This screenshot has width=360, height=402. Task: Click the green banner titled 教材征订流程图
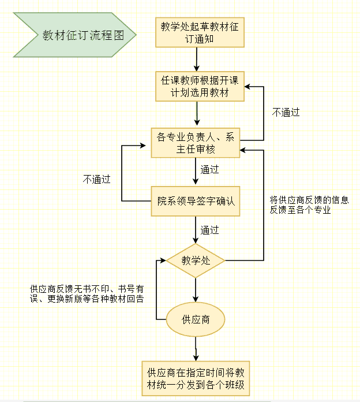tap(75, 35)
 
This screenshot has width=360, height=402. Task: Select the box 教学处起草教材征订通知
tap(200, 32)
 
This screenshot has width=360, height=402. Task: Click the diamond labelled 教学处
tap(196, 260)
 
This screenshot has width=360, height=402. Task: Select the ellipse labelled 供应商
tap(196, 319)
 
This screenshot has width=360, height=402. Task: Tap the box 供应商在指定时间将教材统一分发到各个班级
tap(197, 378)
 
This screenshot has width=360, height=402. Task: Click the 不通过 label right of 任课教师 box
tap(286, 113)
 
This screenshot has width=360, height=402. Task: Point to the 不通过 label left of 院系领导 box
tap(96, 179)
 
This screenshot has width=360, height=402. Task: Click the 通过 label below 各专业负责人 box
tap(209, 170)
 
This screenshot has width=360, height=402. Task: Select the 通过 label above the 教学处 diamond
tap(209, 230)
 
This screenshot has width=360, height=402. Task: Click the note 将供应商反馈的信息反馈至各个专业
tap(309, 205)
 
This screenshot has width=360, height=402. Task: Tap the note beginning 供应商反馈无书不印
tap(87, 293)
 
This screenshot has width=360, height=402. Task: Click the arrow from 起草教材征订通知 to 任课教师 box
tap(197, 59)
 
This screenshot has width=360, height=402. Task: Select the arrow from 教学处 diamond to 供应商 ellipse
tap(196, 289)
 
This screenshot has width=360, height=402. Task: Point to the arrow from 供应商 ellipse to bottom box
tap(196, 349)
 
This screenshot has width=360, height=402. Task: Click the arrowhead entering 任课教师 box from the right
tap(247, 87)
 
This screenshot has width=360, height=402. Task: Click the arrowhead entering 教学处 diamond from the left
tap(163, 260)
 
